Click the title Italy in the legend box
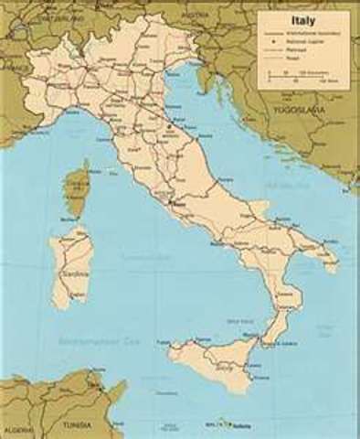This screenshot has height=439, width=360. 306,17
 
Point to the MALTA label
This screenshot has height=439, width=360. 216,424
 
